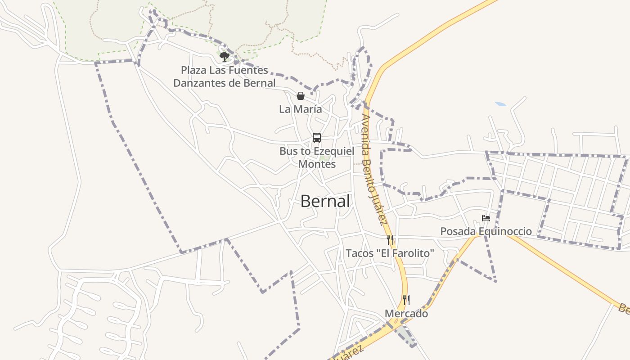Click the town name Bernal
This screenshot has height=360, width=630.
(x=325, y=201)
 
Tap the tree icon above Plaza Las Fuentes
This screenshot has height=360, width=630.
(x=224, y=56)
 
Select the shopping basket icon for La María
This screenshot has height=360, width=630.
(x=300, y=96)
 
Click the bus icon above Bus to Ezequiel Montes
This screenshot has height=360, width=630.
(x=317, y=138)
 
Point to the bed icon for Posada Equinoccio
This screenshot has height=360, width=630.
(x=486, y=218)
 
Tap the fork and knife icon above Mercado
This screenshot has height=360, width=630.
(x=406, y=300)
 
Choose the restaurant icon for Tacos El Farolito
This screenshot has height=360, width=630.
(x=390, y=240)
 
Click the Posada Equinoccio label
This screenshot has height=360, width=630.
(x=486, y=231)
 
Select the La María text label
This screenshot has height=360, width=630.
(x=300, y=109)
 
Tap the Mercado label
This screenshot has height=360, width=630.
(x=406, y=314)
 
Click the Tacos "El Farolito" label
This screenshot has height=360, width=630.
(x=390, y=253)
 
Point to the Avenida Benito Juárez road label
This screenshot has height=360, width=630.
(x=374, y=169)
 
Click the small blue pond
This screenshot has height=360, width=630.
(x=500, y=104)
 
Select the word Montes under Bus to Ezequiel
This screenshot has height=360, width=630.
(x=317, y=164)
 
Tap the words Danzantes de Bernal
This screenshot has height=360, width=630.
(x=224, y=83)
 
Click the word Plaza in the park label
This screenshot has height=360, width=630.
(x=193, y=70)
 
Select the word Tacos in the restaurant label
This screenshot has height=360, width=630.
(x=359, y=253)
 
